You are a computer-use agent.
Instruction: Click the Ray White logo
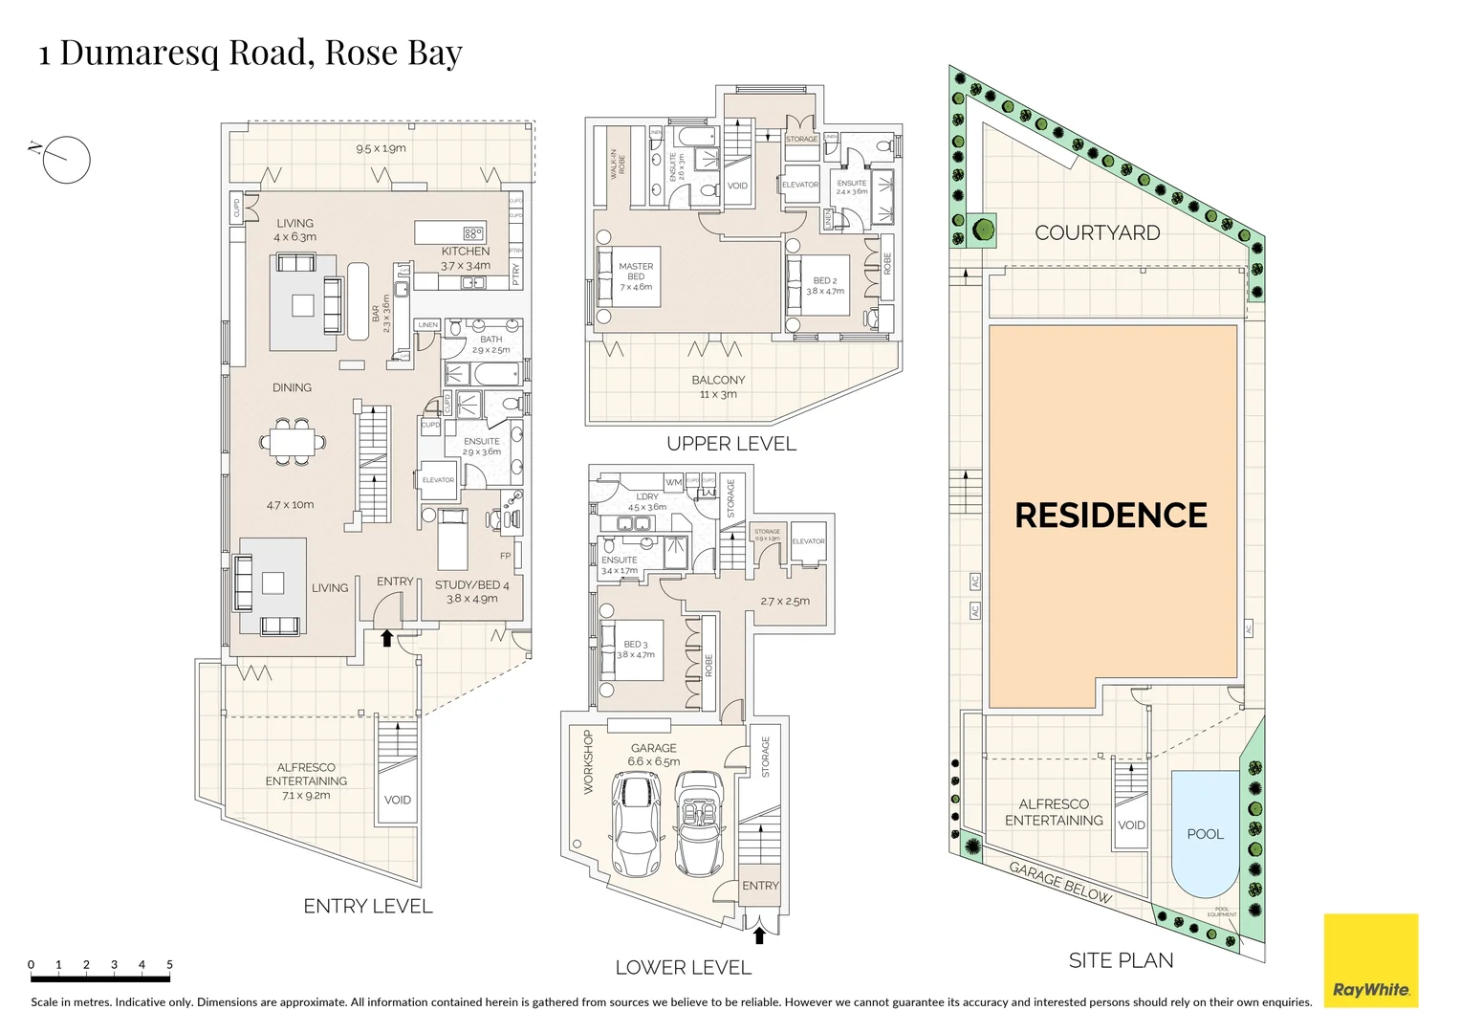click(x=1370, y=960)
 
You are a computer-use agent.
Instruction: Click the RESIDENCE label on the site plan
click(x=1110, y=516)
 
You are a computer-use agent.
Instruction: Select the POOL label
click(x=1205, y=834)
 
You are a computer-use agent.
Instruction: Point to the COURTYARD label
click(x=1097, y=233)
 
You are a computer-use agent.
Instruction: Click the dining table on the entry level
click(x=292, y=442)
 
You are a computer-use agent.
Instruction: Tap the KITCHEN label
click(x=466, y=252)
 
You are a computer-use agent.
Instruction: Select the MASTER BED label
click(x=636, y=272)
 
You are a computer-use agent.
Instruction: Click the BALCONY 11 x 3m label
click(x=718, y=386)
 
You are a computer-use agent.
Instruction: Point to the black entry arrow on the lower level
click(x=759, y=934)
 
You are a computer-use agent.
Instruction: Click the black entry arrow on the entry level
click(x=387, y=638)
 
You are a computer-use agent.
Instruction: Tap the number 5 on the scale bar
click(x=169, y=965)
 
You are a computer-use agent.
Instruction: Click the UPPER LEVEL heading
click(x=731, y=444)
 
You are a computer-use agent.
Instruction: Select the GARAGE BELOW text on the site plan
click(x=1060, y=882)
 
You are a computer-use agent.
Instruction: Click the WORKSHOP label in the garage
click(x=588, y=762)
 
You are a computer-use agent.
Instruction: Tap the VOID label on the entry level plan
click(x=397, y=801)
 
